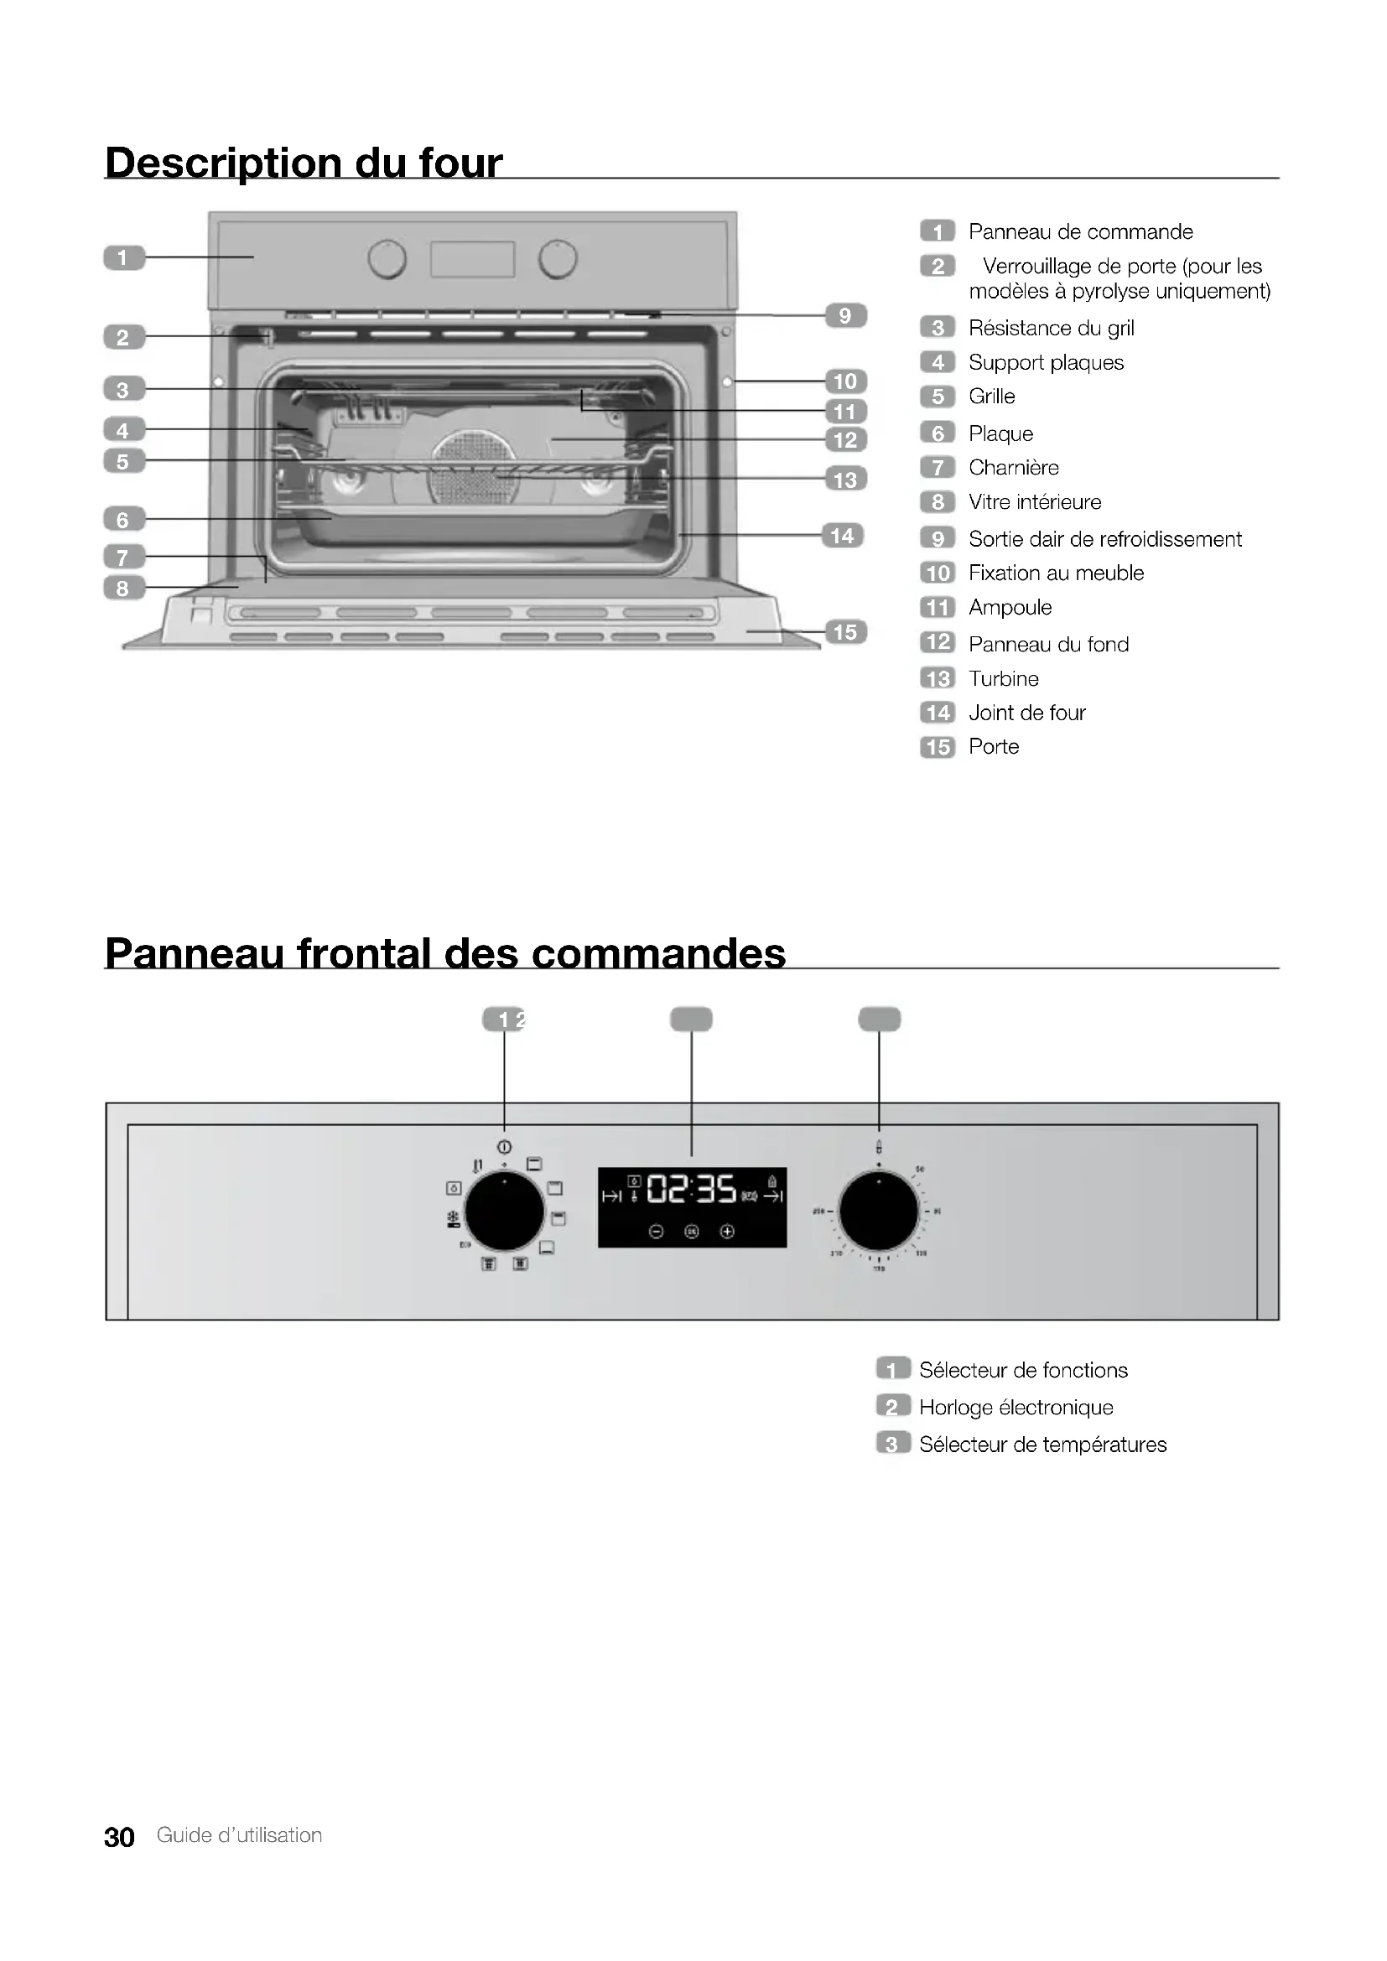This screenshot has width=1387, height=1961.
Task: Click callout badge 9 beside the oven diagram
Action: (x=844, y=315)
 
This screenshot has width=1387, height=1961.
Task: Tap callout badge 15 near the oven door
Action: (x=844, y=632)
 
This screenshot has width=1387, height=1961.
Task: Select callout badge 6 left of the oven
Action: (x=123, y=519)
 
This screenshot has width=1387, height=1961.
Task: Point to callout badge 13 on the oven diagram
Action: (x=844, y=480)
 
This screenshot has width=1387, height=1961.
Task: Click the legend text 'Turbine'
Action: (x=1004, y=679)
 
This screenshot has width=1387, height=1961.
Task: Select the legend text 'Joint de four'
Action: (x=1026, y=713)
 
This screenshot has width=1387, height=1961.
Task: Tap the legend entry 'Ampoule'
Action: (x=1010, y=607)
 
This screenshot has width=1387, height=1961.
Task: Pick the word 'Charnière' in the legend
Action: (x=1013, y=468)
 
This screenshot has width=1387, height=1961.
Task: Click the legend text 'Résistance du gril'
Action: (x=1051, y=328)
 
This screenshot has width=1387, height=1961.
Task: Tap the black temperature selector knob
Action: (x=879, y=1211)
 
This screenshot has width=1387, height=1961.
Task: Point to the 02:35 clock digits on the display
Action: (x=691, y=1188)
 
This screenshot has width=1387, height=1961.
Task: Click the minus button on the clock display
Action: (x=656, y=1232)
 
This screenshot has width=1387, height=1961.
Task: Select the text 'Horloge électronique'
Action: (x=1016, y=1408)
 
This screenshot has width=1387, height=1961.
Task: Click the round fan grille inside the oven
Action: (x=475, y=466)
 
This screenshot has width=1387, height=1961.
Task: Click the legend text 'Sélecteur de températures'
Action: (x=1042, y=1445)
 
